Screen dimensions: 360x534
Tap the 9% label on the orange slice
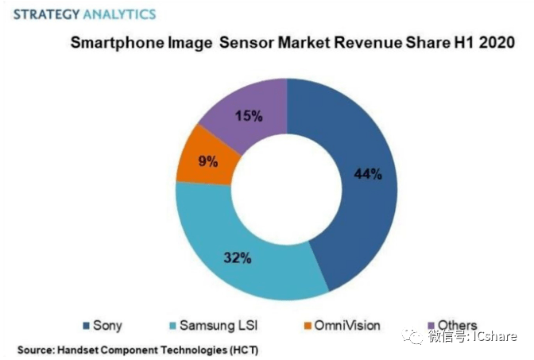(208, 163)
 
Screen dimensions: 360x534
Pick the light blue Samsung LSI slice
(238, 238)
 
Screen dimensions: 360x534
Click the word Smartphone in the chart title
(115, 44)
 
